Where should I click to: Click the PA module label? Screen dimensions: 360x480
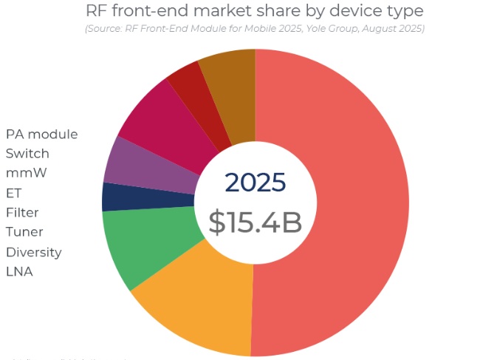[x=41, y=134]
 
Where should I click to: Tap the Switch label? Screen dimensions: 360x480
[x=27, y=154]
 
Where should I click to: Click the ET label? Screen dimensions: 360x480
[x=13, y=193]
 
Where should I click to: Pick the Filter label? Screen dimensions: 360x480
[x=22, y=213]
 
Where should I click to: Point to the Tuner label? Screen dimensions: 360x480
[x=24, y=232]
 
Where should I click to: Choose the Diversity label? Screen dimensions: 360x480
[x=33, y=252]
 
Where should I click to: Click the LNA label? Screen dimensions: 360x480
[x=19, y=272]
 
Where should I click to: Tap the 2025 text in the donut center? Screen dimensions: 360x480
[x=255, y=183]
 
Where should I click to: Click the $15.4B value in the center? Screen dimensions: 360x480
[x=255, y=222]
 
